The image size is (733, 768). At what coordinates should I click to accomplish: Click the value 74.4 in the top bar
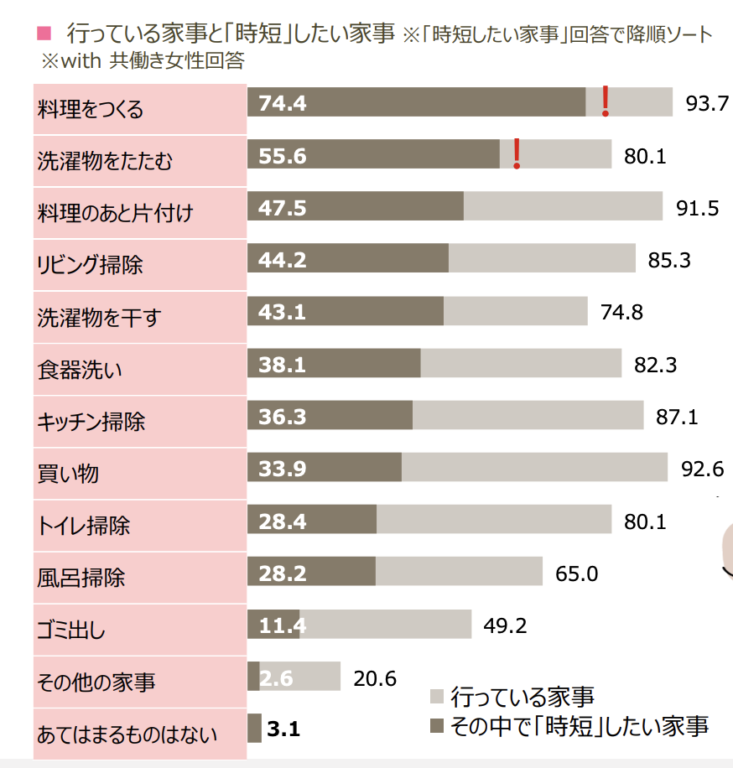(x=283, y=103)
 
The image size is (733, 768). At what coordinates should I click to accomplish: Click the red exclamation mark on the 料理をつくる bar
(x=604, y=101)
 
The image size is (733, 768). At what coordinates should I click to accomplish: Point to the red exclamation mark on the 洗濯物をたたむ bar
(x=517, y=153)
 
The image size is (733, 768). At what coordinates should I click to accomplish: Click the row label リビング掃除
(x=91, y=265)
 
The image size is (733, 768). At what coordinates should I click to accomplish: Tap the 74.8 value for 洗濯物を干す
(x=621, y=313)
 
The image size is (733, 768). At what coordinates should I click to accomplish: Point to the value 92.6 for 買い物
(x=702, y=469)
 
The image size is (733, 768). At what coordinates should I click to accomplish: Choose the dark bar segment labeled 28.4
(x=312, y=521)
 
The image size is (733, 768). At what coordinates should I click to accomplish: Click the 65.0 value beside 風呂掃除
(x=576, y=573)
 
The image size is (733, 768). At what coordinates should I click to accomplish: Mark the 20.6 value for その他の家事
(x=374, y=677)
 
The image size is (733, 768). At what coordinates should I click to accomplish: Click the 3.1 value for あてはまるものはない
(x=283, y=729)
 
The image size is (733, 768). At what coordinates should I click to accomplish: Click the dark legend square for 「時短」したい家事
(x=435, y=725)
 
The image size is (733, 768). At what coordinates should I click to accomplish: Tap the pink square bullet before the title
(x=44, y=34)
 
